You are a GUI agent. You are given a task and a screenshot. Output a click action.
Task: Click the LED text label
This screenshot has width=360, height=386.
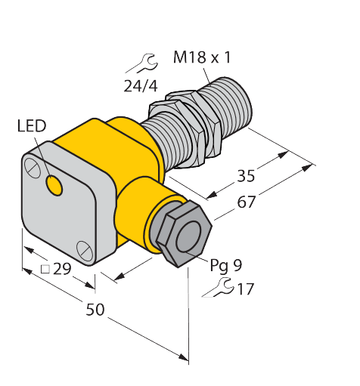click(31, 125)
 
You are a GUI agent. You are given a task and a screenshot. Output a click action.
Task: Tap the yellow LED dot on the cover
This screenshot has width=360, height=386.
click(54, 183)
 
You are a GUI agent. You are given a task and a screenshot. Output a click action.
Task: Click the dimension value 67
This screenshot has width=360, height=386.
click(246, 202)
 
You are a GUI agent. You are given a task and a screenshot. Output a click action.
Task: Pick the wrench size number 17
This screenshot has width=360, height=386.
click(245, 289)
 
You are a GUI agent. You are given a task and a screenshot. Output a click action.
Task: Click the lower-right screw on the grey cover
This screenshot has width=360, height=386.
click(84, 247)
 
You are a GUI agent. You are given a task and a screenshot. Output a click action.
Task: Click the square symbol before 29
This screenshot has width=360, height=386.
click(45, 269)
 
